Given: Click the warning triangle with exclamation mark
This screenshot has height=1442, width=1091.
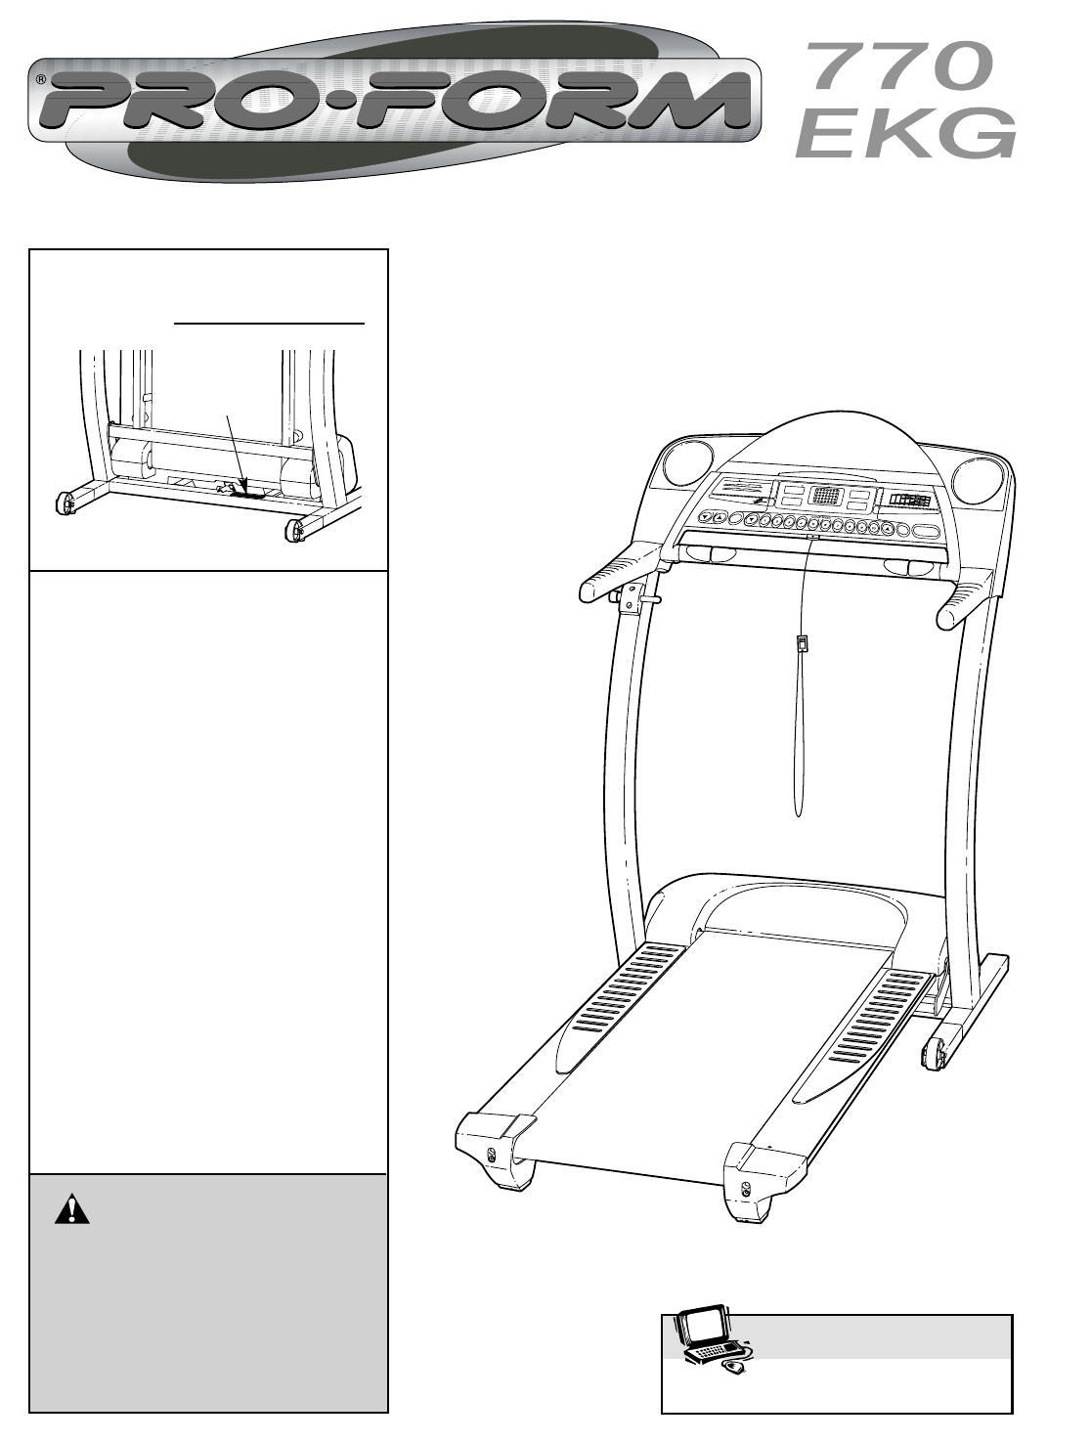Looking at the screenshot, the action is point(71,1209).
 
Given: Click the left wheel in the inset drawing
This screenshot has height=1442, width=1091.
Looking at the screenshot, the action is point(64,502).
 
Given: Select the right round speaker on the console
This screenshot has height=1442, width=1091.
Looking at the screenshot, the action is point(976,479).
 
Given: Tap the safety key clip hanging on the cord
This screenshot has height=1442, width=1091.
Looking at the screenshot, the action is point(802,644).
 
